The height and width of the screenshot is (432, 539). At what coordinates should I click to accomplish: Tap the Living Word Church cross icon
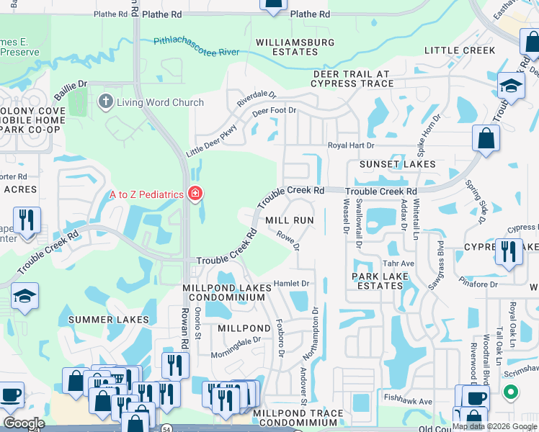coord(106,102)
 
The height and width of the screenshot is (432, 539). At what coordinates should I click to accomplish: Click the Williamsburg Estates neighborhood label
coord(295,47)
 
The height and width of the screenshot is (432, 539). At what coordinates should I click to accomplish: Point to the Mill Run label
coord(290,220)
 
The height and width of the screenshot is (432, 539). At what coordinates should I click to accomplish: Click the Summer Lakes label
coord(109,319)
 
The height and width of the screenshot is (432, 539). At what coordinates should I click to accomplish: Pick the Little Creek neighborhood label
coord(460,50)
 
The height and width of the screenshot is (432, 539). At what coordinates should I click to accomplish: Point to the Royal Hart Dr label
coord(352,145)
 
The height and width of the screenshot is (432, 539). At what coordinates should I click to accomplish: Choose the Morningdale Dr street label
coord(236,346)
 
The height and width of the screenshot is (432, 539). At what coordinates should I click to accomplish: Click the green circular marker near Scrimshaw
coord(511,392)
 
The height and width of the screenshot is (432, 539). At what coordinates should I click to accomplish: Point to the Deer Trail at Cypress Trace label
coord(351,78)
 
